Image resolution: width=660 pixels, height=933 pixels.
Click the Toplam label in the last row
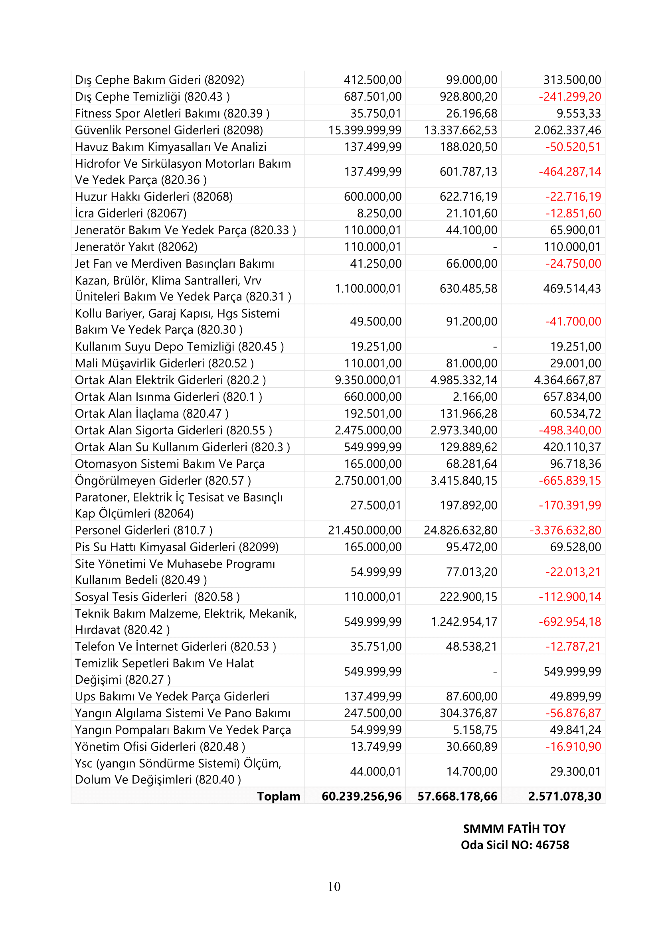[279, 796]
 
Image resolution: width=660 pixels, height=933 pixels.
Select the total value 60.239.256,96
[361, 796]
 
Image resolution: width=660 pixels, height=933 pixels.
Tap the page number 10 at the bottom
[334, 886]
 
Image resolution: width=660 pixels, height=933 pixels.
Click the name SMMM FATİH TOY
[514, 828]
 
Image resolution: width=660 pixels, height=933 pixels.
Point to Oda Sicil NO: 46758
[514, 845]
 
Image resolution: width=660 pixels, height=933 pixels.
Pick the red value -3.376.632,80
[565, 530]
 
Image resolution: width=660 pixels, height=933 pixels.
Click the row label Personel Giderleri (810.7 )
[144, 530]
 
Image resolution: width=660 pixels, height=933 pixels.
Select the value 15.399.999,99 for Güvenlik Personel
[365, 130]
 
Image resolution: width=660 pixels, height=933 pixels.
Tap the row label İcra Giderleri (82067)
[130, 213]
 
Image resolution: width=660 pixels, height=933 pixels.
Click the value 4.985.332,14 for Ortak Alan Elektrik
[464, 380]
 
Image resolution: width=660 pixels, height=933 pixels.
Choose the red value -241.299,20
[570, 97]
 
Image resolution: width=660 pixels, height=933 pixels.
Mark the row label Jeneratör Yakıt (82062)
[136, 247]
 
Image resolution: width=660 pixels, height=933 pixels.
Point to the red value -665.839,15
[570, 480]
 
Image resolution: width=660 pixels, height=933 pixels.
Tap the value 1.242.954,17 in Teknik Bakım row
[464, 621]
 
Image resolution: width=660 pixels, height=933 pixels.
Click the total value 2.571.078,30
[564, 796]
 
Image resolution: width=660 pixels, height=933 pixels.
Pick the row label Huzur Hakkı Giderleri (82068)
[154, 197]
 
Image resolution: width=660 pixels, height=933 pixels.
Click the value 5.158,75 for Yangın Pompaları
[475, 730]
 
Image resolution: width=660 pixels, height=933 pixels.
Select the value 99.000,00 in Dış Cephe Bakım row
[471, 80]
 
